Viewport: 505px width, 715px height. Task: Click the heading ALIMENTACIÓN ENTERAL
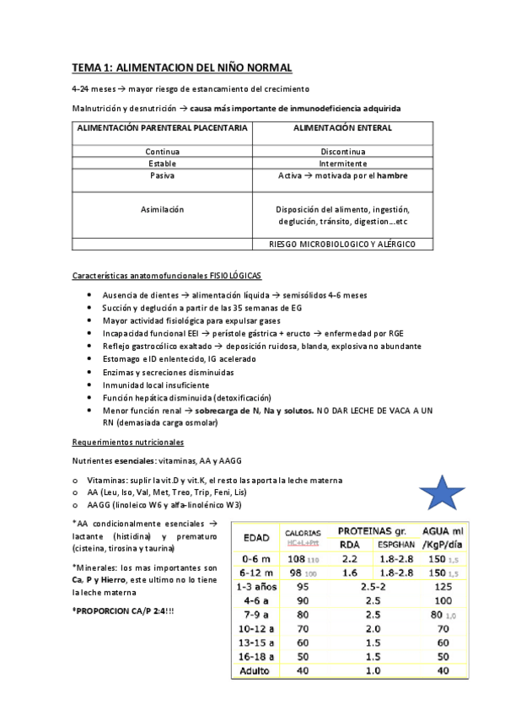point(342,128)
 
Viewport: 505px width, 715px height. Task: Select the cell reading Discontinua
point(342,152)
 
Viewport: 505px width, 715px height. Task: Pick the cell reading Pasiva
point(162,175)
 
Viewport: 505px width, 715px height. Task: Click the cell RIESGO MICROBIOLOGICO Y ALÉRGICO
point(342,245)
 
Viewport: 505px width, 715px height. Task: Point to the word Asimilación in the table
point(162,209)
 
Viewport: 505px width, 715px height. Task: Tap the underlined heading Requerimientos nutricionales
point(127,442)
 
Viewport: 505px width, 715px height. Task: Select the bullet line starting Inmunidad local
point(152,384)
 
